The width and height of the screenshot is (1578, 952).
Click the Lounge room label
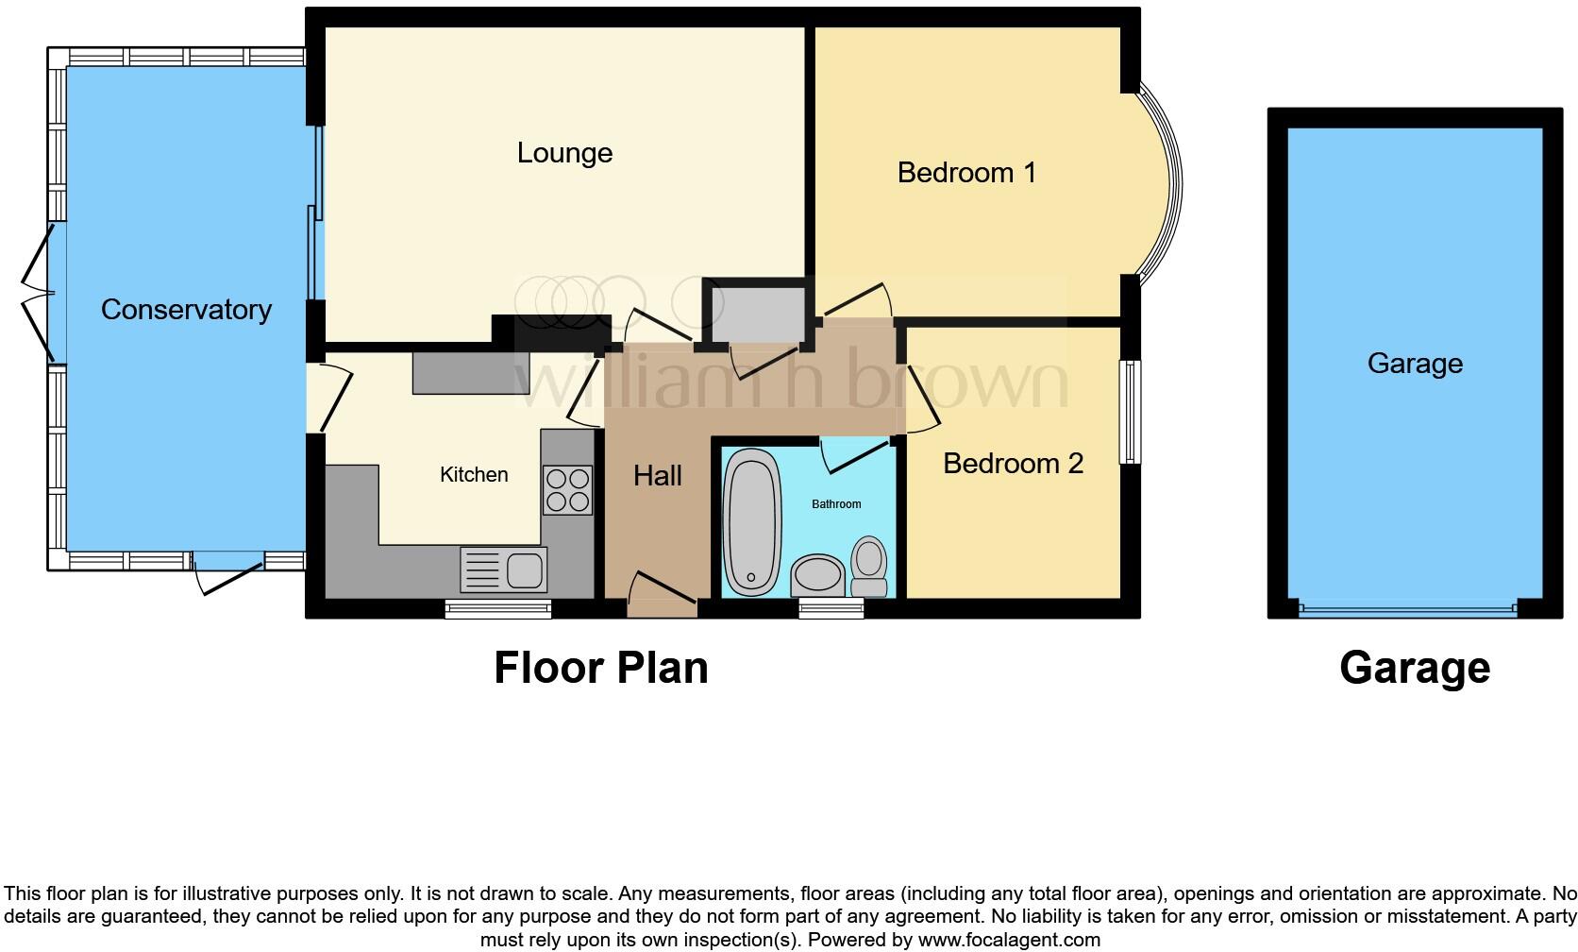click(x=564, y=153)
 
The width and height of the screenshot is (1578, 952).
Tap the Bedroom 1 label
click(x=966, y=173)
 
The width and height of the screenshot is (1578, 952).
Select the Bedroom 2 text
click(x=1013, y=464)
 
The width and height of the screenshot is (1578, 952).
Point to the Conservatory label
click(x=186, y=310)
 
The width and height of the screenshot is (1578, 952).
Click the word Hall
click(x=657, y=475)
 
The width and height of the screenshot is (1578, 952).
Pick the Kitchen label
click(x=474, y=474)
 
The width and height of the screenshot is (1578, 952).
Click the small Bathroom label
click(x=836, y=504)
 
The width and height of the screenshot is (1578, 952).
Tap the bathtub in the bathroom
click(x=751, y=523)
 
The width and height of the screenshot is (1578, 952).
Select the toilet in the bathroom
click(x=868, y=567)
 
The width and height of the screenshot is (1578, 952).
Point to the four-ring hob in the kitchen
click(x=567, y=490)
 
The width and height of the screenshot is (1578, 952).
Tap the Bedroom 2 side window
click(x=1130, y=412)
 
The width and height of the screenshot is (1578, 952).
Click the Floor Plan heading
click(x=601, y=668)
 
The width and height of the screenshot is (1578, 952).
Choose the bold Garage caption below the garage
click(x=1414, y=668)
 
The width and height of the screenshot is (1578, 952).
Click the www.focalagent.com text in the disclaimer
click(x=1008, y=940)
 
